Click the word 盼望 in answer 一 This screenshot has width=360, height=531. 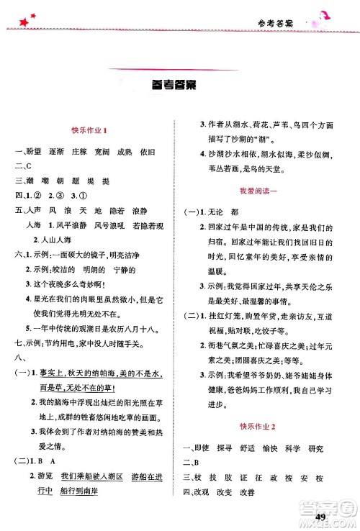coord(34,152)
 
